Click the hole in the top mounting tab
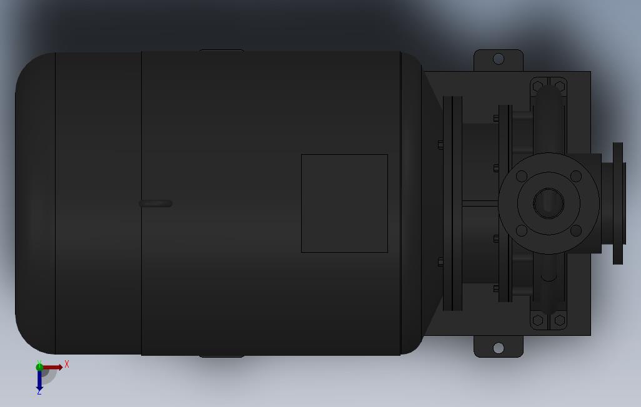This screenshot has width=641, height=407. (499, 59)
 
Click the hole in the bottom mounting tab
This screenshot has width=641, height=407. (499, 348)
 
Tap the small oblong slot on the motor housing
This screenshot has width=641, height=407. (156, 203)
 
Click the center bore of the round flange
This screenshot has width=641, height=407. (549, 203)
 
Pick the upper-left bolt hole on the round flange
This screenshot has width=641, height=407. (522, 176)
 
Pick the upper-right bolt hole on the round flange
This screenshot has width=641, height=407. (575, 176)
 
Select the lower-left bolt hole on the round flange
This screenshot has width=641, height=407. (522, 230)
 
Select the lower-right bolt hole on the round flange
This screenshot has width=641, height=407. (575, 230)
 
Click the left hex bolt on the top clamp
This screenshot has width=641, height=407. (538, 87)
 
